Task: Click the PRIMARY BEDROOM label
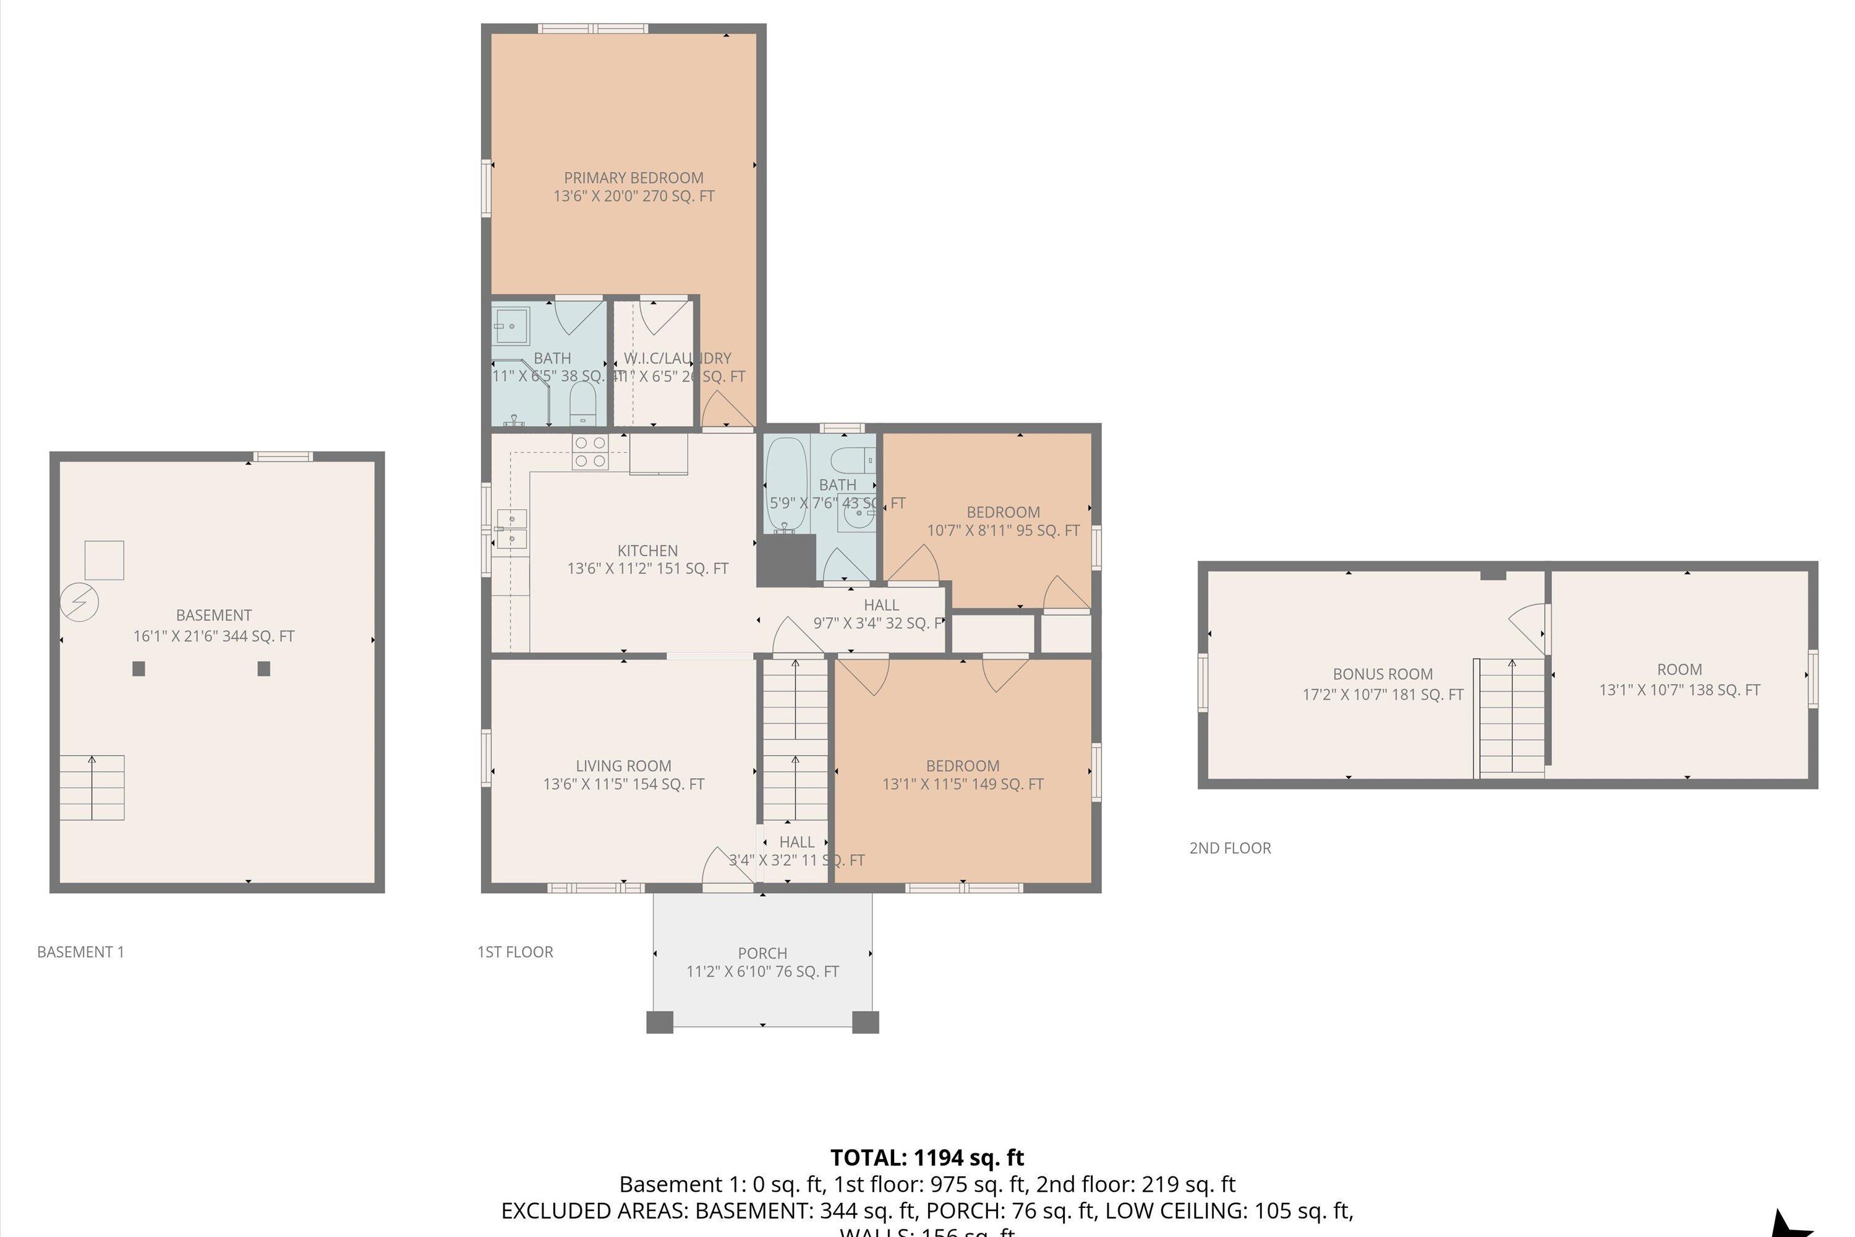click(633, 178)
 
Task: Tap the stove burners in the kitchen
click(590, 452)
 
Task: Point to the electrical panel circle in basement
click(80, 602)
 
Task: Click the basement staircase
click(92, 787)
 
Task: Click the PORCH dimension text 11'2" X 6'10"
click(762, 972)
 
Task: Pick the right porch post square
click(865, 1022)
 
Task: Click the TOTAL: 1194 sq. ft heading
click(927, 1158)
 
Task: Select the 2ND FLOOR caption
click(1230, 848)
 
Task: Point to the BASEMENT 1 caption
click(80, 952)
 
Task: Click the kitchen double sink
click(512, 529)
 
